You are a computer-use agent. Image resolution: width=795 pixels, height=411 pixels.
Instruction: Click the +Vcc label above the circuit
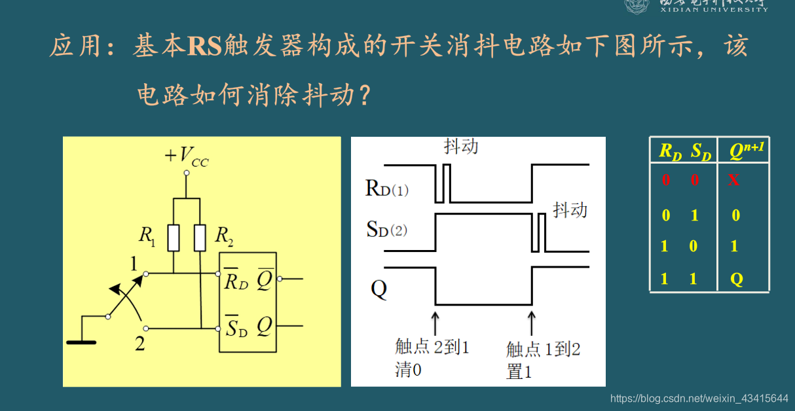click(x=187, y=156)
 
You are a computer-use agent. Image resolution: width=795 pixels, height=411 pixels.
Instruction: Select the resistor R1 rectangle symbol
click(x=174, y=238)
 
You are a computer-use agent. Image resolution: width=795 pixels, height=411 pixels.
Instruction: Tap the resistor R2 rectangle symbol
click(x=200, y=238)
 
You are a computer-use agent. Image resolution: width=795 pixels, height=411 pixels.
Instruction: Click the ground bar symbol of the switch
click(x=81, y=342)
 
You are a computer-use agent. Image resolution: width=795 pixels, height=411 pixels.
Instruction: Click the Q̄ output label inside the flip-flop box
click(x=265, y=280)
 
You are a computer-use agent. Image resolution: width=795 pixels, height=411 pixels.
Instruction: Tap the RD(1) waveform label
click(x=387, y=189)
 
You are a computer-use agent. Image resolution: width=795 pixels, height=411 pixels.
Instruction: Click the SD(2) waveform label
click(x=387, y=229)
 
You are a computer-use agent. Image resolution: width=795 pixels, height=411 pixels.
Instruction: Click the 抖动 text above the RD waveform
click(x=460, y=146)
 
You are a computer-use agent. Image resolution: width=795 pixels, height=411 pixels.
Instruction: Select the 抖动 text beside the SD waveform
click(x=570, y=209)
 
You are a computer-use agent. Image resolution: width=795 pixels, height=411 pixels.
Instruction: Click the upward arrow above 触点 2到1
click(x=435, y=321)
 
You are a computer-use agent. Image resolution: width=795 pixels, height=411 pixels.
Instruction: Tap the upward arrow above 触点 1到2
click(x=532, y=321)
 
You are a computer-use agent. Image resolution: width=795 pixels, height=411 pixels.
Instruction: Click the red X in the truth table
click(x=733, y=179)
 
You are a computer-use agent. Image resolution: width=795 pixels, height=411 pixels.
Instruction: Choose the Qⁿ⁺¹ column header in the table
click(x=747, y=151)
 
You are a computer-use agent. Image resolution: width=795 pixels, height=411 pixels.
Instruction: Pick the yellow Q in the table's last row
click(x=737, y=279)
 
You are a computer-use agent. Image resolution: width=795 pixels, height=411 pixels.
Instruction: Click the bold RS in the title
click(x=205, y=46)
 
